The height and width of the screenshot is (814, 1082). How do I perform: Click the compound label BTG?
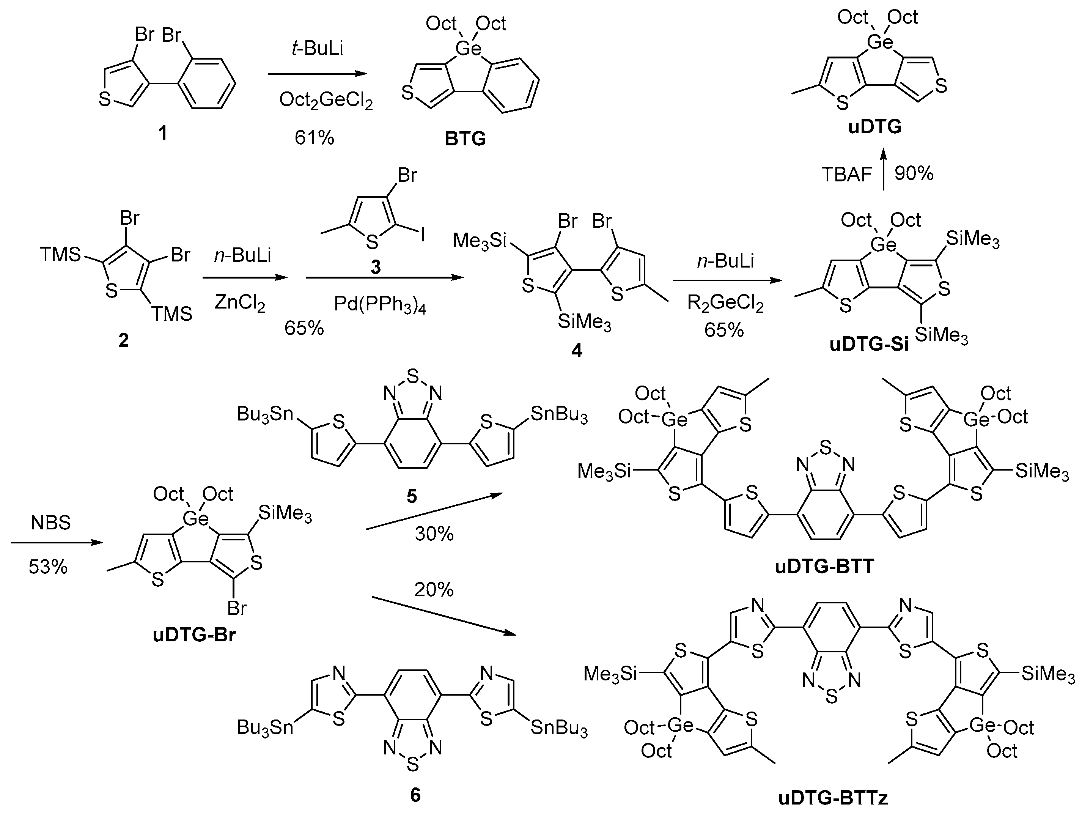click(465, 139)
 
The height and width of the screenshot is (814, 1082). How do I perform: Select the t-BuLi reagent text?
click(317, 49)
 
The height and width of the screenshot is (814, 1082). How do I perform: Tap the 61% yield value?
click(314, 138)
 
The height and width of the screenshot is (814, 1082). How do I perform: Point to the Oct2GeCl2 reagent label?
click(326, 101)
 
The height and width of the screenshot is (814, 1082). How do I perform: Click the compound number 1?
click(162, 132)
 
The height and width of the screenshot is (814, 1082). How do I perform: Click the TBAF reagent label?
click(846, 175)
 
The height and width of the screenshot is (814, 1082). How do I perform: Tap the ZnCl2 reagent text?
click(240, 303)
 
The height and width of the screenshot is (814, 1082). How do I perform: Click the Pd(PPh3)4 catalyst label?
click(380, 305)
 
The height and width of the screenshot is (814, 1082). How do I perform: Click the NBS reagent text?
click(50, 523)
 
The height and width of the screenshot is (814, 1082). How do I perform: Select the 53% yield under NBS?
click(47, 567)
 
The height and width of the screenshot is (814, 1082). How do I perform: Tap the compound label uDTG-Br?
click(194, 635)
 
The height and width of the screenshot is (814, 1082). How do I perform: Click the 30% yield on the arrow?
click(434, 534)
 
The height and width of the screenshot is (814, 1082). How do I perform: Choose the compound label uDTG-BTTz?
click(832, 798)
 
